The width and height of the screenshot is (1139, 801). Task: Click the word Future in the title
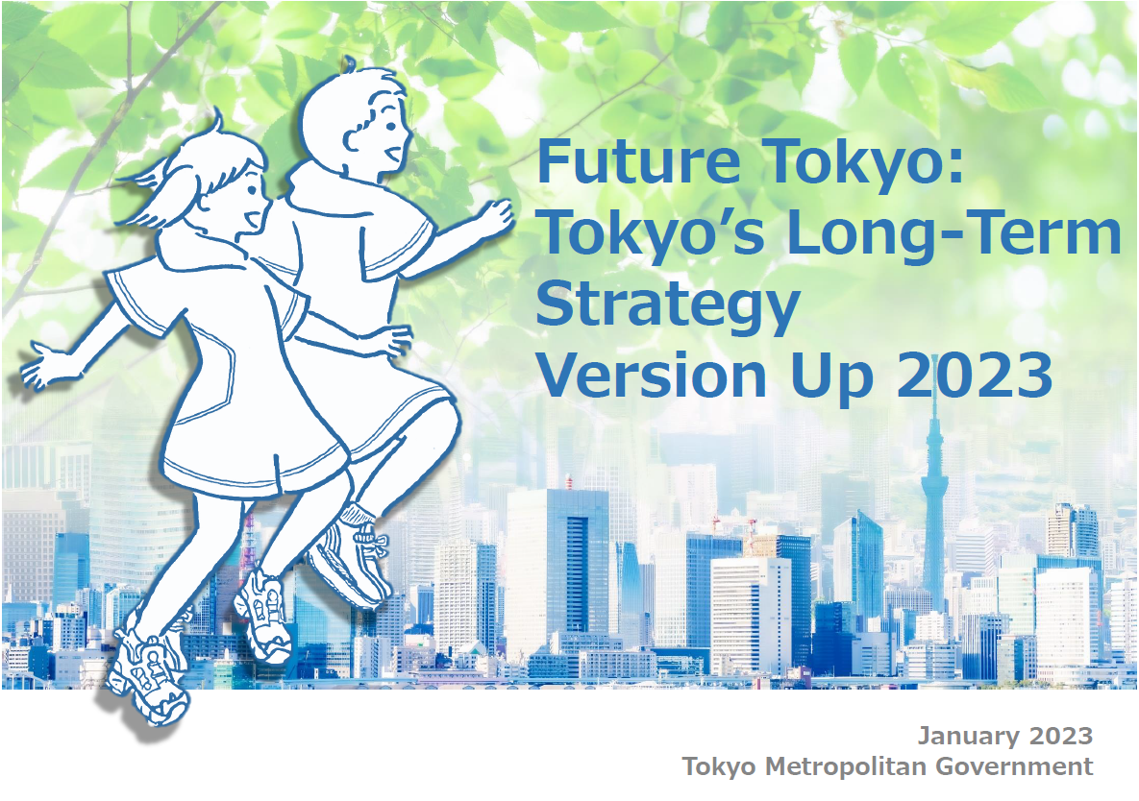(638, 161)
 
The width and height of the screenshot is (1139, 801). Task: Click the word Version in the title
(651, 375)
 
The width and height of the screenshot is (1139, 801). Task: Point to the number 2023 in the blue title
(975, 375)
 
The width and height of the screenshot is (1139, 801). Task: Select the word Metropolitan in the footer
(846, 766)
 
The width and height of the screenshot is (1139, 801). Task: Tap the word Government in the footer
(1014, 766)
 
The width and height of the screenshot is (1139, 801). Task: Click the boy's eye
(391, 126)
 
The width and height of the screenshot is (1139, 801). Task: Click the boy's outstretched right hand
(495, 218)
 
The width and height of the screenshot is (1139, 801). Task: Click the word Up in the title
(831, 377)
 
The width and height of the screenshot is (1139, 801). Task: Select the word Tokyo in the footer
(718, 766)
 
